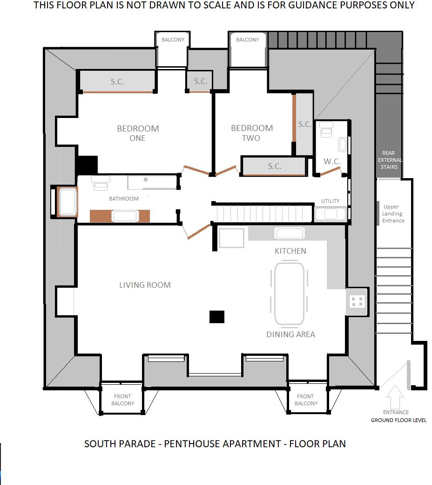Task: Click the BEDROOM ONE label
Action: coord(137,133)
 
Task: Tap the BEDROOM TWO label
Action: coord(252,132)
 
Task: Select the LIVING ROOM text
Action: coord(145,285)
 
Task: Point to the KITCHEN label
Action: coord(290,251)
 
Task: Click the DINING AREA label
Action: coord(290,334)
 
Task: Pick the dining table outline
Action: coord(289,294)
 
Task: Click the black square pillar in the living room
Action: coord(217,317)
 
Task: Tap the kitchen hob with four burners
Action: coord(357,302)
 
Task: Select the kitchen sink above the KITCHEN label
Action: coord(289,233)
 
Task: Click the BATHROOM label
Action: coord(124,199)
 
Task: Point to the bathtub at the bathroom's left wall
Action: coord(67,202)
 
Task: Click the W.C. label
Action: coord(332,161)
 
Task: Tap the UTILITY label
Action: coord(330,201)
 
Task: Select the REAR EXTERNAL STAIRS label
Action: coord(389,160)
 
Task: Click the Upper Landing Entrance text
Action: coord(393,214)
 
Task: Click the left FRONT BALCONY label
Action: coord(123,400)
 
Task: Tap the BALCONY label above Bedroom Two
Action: coord(247,40)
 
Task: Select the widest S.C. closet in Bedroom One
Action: coord(117,82)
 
